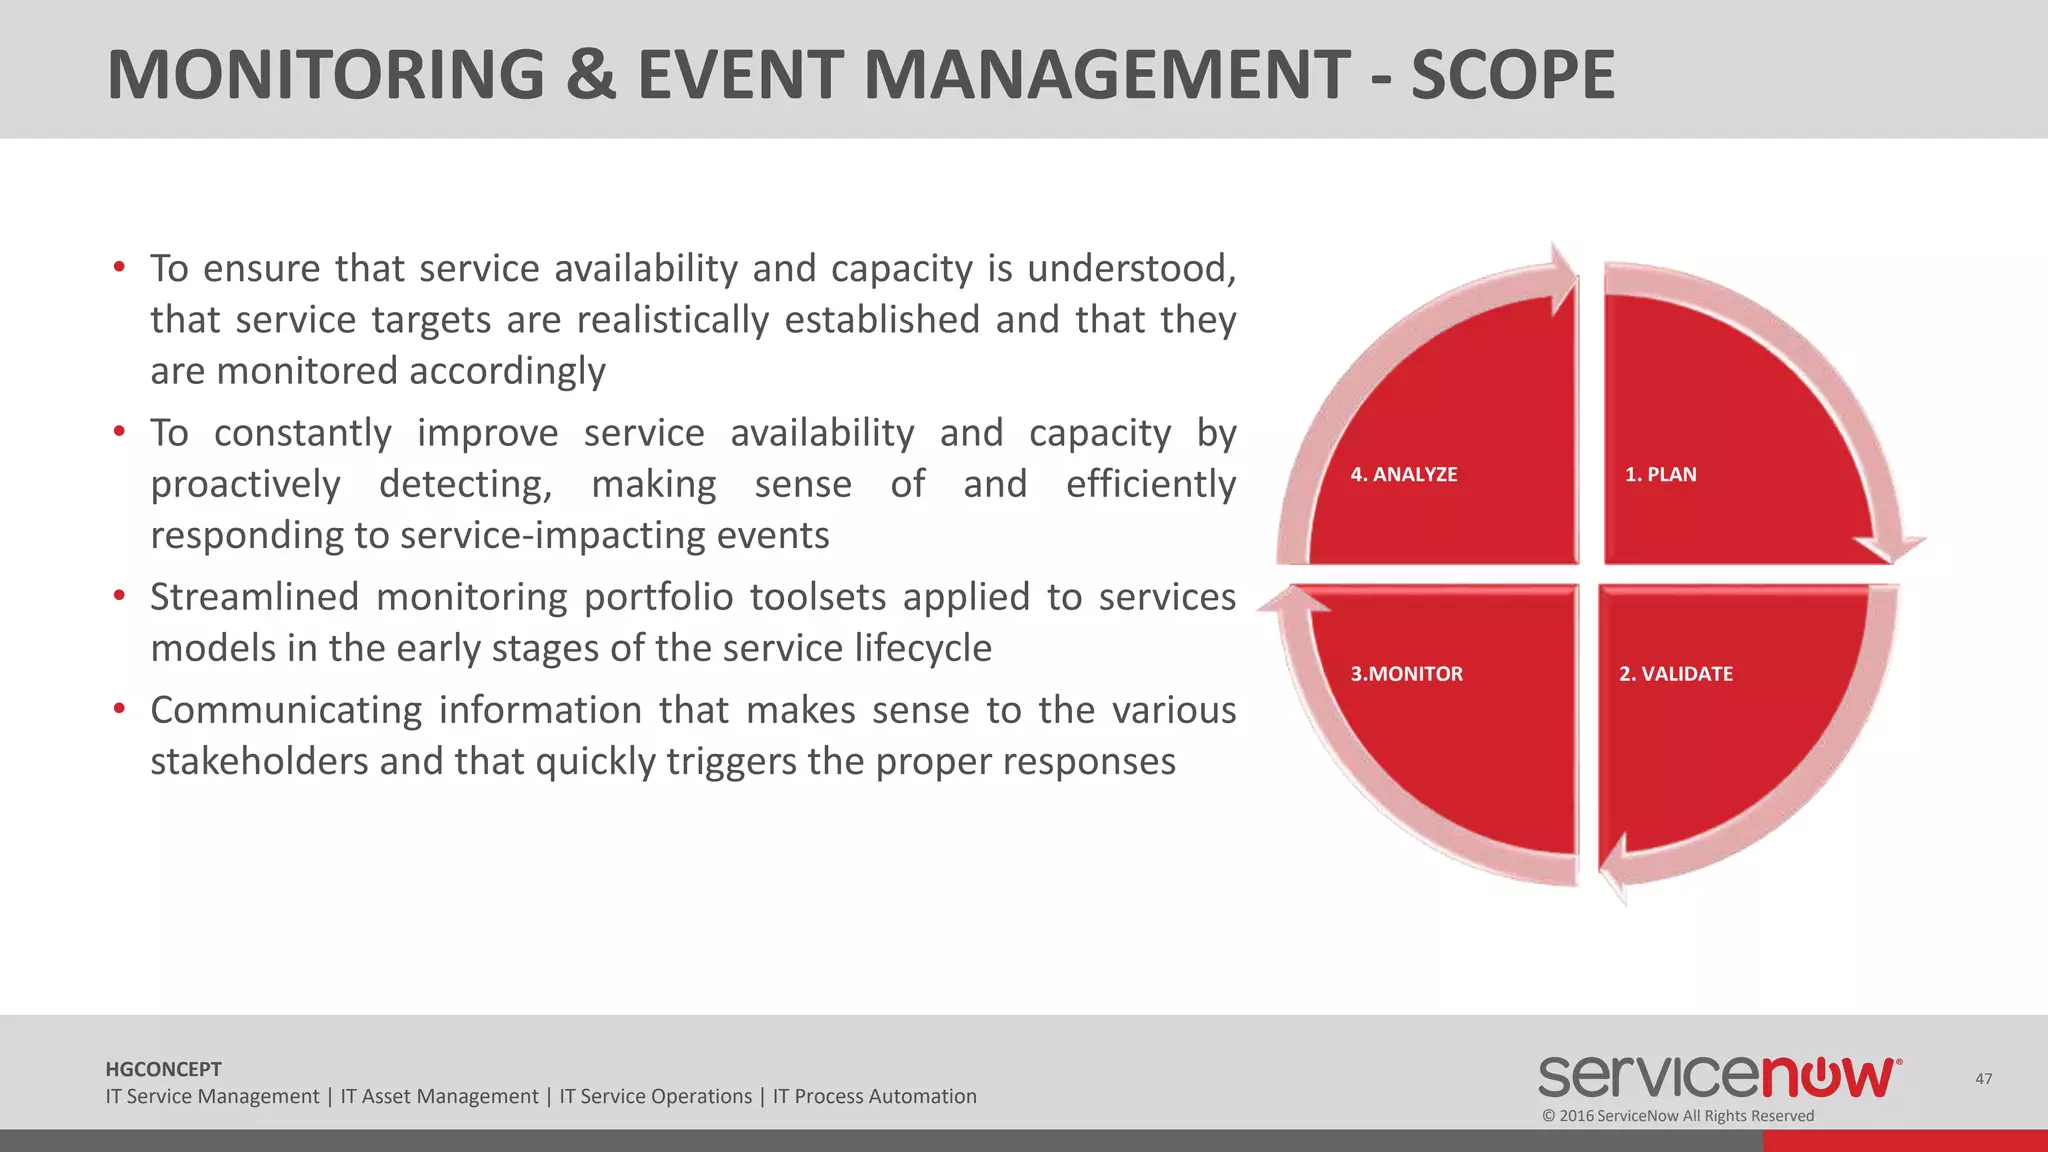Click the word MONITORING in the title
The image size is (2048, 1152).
pos(325,75)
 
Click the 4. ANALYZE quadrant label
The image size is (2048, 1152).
pos(1403,475)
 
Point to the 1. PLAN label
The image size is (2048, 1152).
pos(1660,475)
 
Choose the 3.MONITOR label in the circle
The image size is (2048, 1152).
pos(1406,674)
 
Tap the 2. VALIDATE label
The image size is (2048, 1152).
pos(1676,674)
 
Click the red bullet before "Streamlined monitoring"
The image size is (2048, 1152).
pos(119,596)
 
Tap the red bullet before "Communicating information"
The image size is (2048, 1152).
pos(119,709)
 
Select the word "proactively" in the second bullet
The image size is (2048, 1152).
pos(245,485)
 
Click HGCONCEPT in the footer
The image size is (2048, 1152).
pos(163,1069)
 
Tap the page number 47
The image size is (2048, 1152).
pos(1984,1079)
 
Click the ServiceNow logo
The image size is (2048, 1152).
pos(1718,1077)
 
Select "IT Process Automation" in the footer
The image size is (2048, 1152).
pos(874,1097)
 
